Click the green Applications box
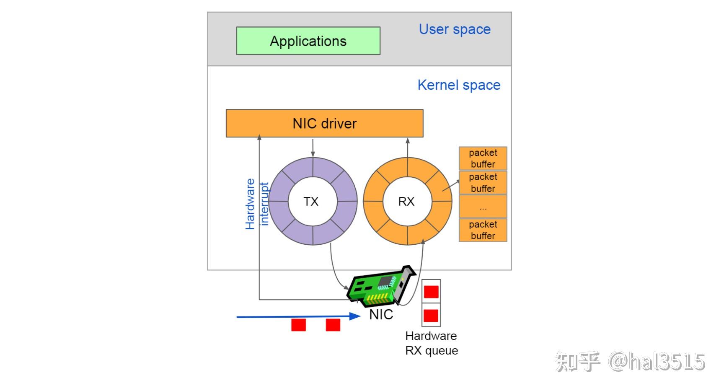pyautogui.click(x=308, y=41)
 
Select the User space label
pyautogui.click(x=455, y=29)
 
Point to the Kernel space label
pyautogui.click(x=459, y=85)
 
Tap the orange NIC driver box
pyautogui.click(x=324, y=123)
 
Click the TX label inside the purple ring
pyautogui.click(x=311, y=202)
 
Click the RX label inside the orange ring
pyautogui.click(x=406, y=202)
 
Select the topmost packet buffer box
pyautogui.click(x=483, y=158)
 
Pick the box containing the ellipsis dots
pyautogui.click(x=483, y=206)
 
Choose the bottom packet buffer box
pyautogui.click(x=483, y=230)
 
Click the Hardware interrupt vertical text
pyautogui.click(x=256, y=204)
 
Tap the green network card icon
pyautogui.click(x=380, y=286)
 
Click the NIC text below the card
pyautogui.click(x=381, y=314)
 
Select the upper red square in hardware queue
pyautogui.click(x=431, y=292)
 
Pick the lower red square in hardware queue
pyautogui.click(x=431, y=316)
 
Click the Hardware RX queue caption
pyautogui.click(x=432, y=343)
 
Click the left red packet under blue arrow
pyautogui.click(x=299, y=325)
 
